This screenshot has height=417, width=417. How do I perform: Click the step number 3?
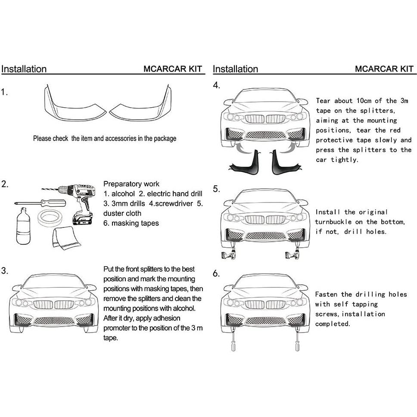(5, 271)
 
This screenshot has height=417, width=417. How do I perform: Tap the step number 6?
(216, 274)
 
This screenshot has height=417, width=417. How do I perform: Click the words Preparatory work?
(131, 184)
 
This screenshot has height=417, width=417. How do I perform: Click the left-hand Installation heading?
(24, 69)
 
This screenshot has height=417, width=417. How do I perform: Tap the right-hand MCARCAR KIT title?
(384, 69)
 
